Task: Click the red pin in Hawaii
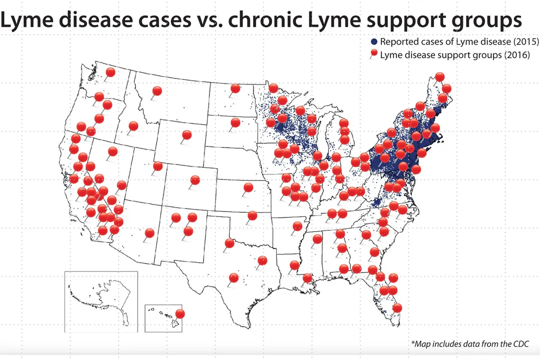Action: point(180,314)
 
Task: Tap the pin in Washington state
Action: point(110,72)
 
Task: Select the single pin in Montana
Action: point(157,91)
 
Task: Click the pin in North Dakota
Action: point(235,89)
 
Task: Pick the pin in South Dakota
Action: point(235,122)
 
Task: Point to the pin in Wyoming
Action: point(186,135)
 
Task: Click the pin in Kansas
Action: point(248,187)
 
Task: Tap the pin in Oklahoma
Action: point(252,215)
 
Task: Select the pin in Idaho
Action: point(133,126)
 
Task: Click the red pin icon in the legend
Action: point(374,54)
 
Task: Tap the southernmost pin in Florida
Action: point(397,308)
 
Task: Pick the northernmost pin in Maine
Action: point(439,76)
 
